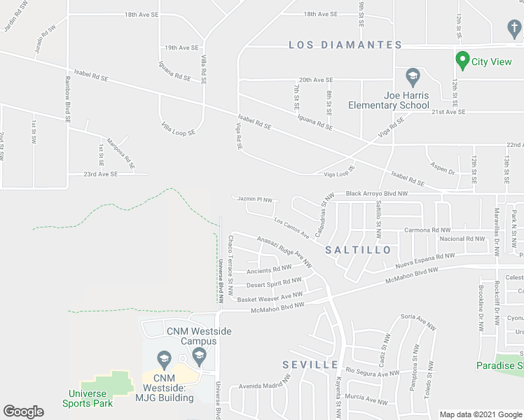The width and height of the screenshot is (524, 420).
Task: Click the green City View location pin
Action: point(462,61)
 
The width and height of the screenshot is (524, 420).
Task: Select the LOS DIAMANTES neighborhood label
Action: point(345,45)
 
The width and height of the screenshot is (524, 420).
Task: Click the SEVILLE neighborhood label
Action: point(310,365)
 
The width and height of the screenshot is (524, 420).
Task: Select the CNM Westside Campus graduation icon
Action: point(200,355)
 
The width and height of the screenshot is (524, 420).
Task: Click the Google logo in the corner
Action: point(24,412)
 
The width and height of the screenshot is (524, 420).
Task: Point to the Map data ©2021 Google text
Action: point(481,414)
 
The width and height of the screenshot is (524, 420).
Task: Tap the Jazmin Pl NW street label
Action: point(254,199)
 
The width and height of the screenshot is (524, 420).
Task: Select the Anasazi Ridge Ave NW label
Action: point(284,248)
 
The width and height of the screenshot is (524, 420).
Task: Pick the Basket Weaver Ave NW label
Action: point(270,297)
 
